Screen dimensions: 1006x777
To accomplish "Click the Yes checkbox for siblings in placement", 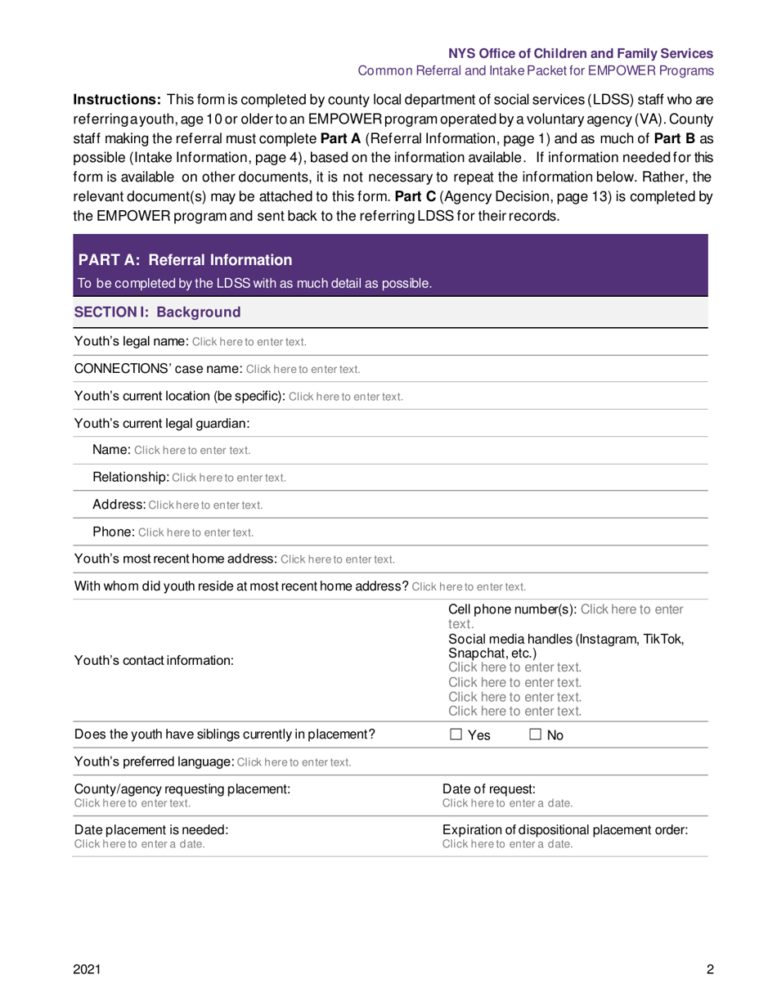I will [x=456, y=735].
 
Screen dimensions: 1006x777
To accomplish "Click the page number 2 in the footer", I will [x=711, y=970].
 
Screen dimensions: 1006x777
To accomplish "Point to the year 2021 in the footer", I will [x=88, y=970].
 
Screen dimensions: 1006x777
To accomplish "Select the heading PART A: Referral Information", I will [x=185, y=260].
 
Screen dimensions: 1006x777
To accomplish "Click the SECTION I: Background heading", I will [x=157, y=312].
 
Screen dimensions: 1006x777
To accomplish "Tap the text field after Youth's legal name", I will [x=249, y=342].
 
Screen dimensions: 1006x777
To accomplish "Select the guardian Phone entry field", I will [x=195, y=532].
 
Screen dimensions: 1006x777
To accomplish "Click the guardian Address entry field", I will [x=205, y=505].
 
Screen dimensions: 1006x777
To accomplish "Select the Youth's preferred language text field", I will [x=294, y=763].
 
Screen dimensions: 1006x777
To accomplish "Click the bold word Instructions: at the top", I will [x=117, y=99].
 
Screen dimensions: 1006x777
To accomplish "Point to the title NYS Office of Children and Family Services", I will [x=581, y=53].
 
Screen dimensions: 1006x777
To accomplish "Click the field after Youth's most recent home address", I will [x=338, y=560].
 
